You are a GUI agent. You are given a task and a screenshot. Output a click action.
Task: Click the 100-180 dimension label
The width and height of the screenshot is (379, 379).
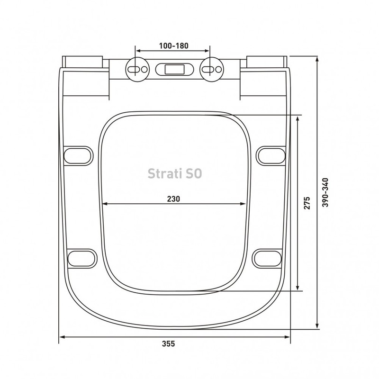tap(173, 45)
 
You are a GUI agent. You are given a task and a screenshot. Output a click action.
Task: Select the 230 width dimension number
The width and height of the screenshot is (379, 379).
tap(173, 199)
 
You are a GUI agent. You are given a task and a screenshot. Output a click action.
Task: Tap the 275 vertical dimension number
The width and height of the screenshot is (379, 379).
tap(307, 203)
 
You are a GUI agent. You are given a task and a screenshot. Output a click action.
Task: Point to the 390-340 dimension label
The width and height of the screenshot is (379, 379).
tap(325, 192)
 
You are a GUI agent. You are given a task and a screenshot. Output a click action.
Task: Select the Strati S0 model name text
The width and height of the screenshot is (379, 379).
tap(174, 173)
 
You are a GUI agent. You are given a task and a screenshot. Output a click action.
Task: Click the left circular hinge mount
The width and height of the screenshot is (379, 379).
tap(137, 69)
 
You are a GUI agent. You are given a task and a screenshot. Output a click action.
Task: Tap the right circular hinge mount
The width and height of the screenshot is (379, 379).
tap(212, 69)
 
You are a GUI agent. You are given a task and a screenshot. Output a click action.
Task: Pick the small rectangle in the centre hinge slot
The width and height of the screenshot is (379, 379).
tap(174, 69)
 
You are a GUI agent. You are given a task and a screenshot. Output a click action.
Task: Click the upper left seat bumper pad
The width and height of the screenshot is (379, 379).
tap(78, 156)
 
